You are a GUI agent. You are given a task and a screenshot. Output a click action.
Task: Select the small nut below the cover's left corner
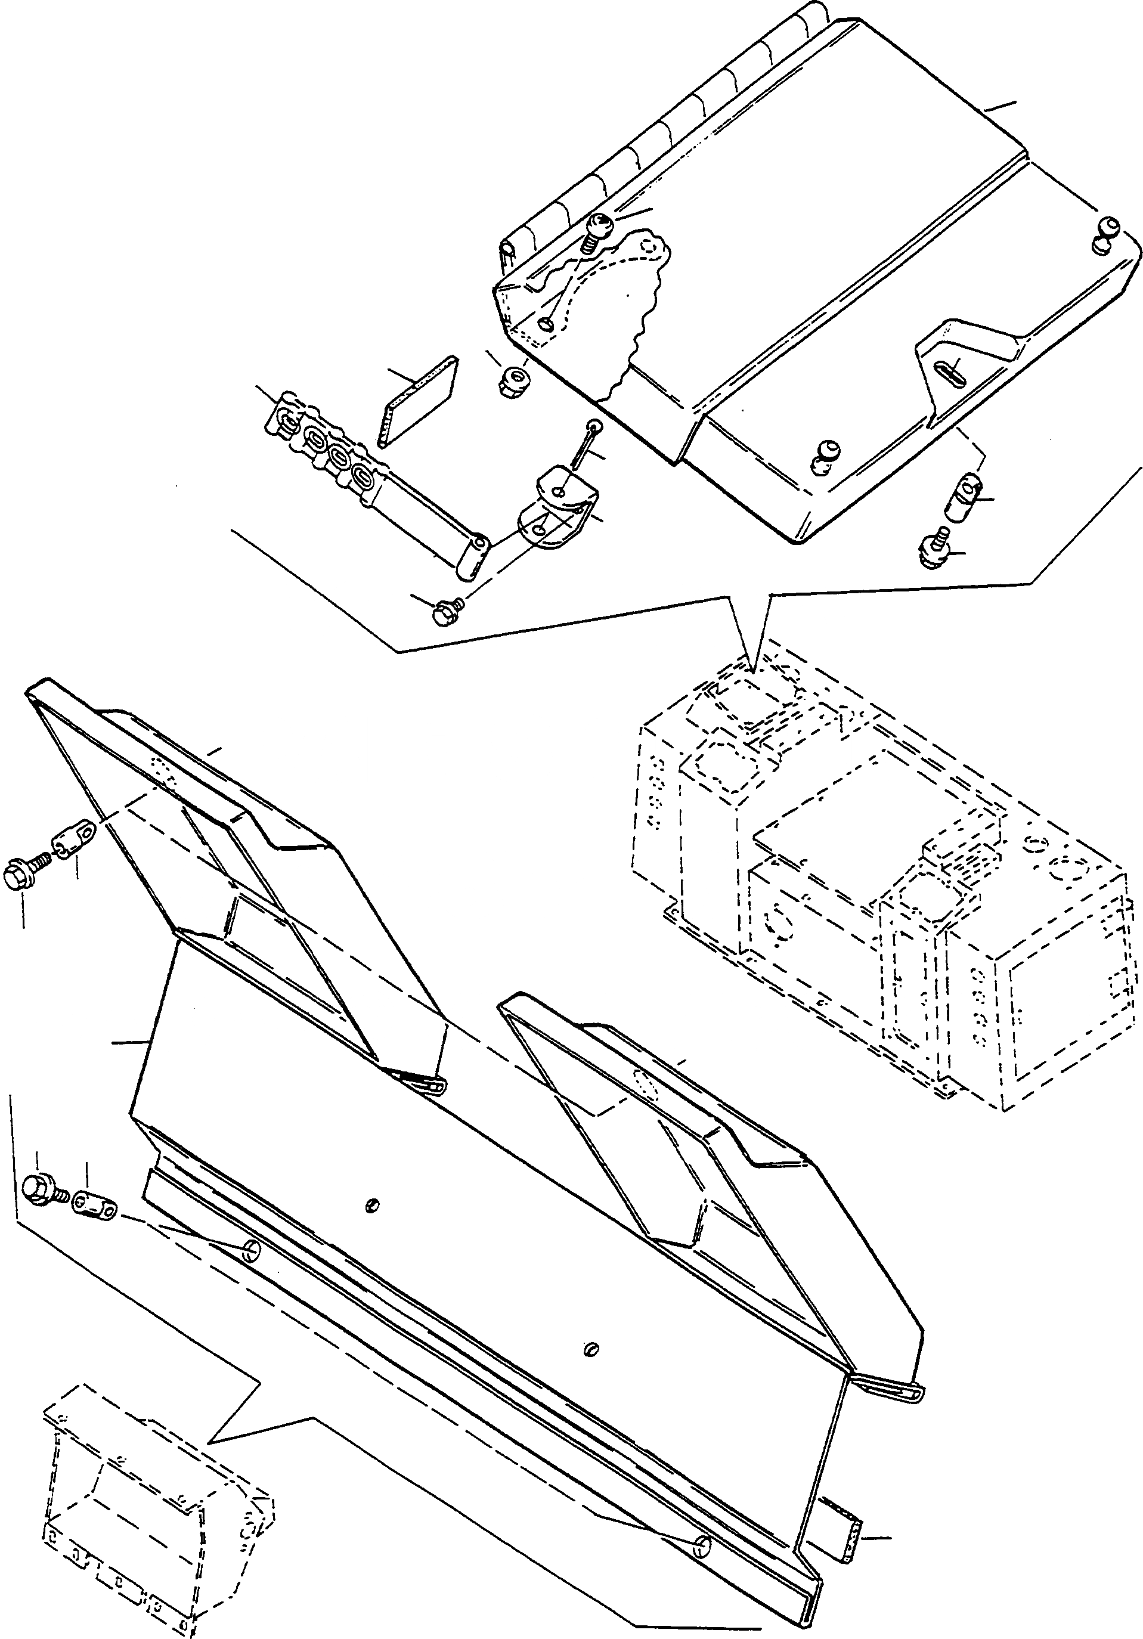pos(513,380)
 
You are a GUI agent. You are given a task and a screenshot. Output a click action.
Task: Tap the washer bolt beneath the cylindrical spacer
pos(933,550)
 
